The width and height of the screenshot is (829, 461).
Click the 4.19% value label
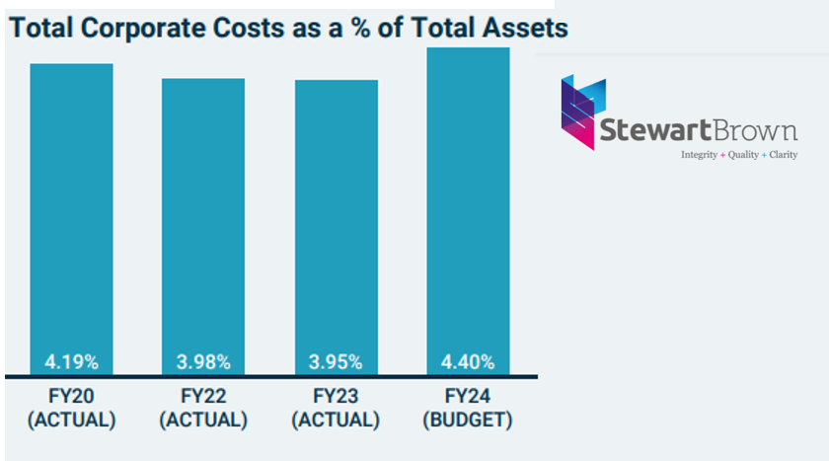(71, 361)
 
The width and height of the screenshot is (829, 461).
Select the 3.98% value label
(203, 361)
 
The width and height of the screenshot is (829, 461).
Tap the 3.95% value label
(336, 361)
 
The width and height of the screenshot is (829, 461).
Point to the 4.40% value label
(468, 361)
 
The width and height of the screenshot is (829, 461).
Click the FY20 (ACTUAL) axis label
(71, 408)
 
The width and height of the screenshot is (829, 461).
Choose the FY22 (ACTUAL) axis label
(203, 408)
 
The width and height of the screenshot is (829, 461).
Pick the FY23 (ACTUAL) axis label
(336, 408)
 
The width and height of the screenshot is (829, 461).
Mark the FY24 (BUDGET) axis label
(468, 408)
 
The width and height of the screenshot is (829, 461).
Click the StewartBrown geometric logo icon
(580, 112)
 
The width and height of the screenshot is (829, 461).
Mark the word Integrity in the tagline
(700, 155)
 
